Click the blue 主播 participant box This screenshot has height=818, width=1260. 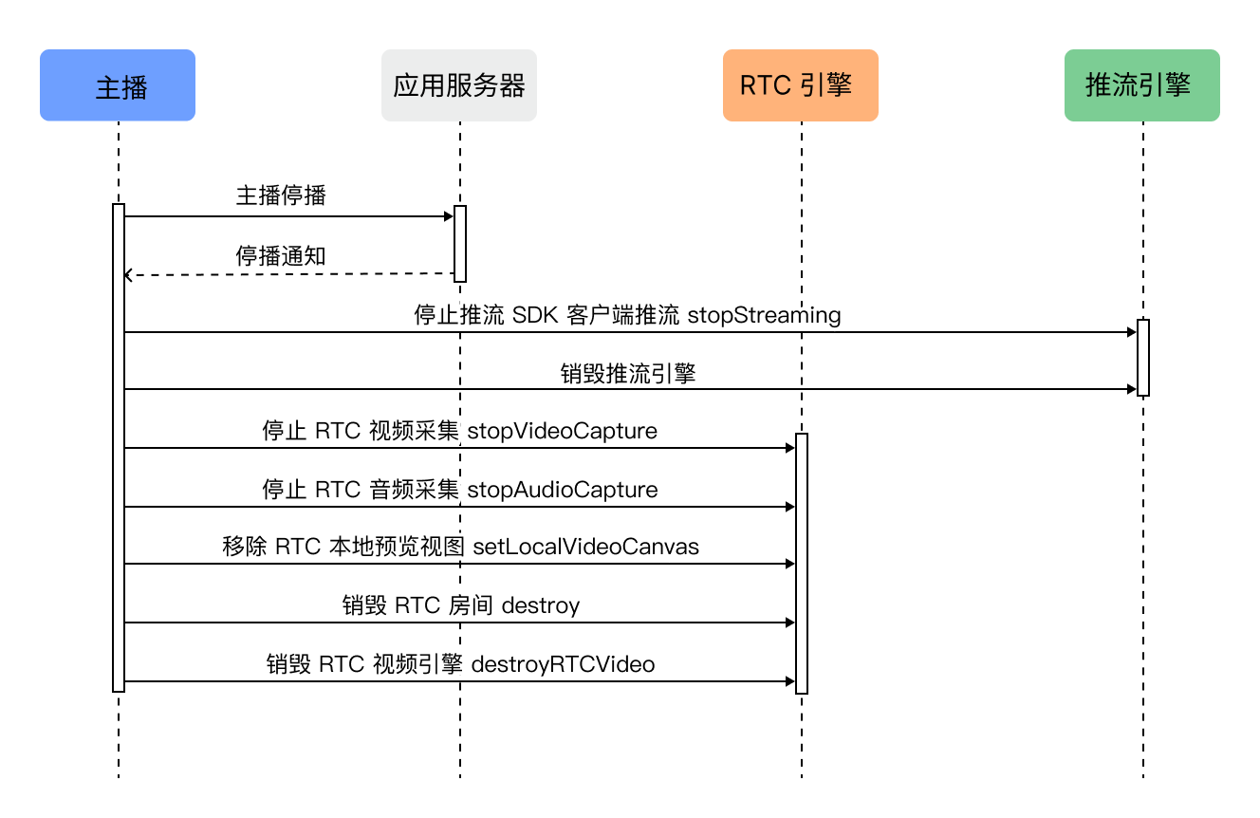coord(118,85)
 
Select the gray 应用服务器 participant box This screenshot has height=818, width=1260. coord(459,85)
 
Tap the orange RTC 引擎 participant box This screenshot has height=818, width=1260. coord(801,85)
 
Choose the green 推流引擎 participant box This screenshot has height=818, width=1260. coord(1142,85)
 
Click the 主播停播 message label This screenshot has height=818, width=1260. coord(281,195)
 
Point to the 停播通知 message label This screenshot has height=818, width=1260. coord(281,256)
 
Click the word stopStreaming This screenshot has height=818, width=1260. coord(764,316)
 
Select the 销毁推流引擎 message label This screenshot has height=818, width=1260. coord(628,374)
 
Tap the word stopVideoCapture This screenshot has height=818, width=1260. coord(562,431)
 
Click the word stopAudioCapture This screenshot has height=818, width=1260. coord(563,490)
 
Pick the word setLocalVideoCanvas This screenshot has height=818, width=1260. coord(585,547)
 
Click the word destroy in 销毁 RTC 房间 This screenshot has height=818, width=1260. coord(540,605)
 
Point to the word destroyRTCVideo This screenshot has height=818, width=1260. coord(563,664)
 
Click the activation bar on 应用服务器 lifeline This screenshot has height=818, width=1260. coord(460,244)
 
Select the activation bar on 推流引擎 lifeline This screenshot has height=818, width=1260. coord(1143,358)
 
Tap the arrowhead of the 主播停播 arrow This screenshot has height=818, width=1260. coord(449,216)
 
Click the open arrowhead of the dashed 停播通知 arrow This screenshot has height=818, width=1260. coord(128,275)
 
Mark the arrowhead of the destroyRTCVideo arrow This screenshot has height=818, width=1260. coord(789,681)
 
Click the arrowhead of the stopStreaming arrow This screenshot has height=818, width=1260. coord(1131,332)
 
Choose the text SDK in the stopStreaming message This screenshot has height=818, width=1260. coord(535,316)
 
